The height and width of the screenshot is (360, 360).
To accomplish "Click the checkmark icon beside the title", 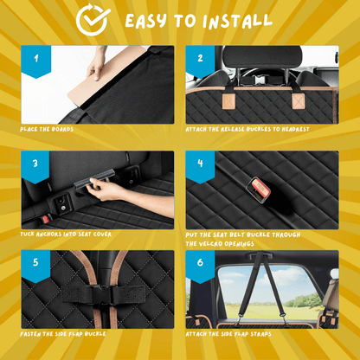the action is tap(93, 20).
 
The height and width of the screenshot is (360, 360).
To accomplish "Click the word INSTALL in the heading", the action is tap(237, 21).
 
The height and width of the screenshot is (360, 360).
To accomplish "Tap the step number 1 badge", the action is tap(36, 61).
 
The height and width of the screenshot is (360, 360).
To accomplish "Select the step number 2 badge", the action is tap(201, 61).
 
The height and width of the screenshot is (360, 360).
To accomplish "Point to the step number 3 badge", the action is tap(35, 167).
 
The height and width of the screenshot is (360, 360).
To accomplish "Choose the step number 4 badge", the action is tap(201, 167).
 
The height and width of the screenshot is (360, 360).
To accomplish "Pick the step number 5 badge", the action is tap(35, 267).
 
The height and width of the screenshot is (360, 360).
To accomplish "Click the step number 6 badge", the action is tap(201, 267).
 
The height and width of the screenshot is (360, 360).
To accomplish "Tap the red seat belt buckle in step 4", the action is tap(259, 190).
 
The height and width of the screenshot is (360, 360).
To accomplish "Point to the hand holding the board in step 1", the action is tap(97, 63).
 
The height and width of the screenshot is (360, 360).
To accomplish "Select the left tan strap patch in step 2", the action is tap(228, 101).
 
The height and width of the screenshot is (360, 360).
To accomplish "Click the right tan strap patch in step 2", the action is tap(299, 101).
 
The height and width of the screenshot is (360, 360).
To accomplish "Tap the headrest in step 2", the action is tap(262, 57).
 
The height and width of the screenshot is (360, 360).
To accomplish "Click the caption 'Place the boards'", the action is tap(47, 129).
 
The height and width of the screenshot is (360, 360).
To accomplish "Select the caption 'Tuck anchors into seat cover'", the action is tap(66, 234).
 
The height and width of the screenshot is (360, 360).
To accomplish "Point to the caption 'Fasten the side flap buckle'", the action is tap(63, 334).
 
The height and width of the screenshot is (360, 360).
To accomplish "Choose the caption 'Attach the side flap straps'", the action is tap(228, 334).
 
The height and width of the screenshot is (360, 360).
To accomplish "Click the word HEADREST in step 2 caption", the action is tap(295, 129).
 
